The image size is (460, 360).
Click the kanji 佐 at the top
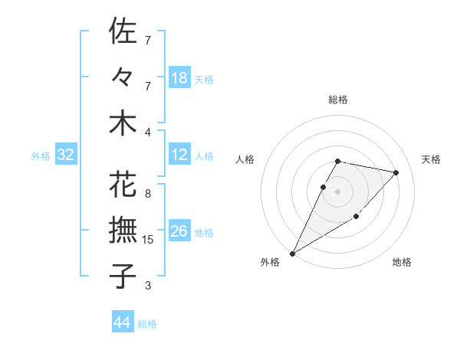click(x=123, y=32)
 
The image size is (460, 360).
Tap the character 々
click(x=123, y=77)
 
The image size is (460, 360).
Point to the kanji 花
click(x=123, y=186)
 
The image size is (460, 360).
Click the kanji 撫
click(x=123, y=231)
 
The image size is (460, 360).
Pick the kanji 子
click(x=123, y=276)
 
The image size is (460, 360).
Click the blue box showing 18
click(x=179, y=77)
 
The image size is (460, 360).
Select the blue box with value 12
click(x=179, y=155)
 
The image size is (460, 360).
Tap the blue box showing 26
click(x=179, y=231)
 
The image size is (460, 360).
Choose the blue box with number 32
click(x=66, y=155)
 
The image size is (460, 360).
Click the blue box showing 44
click(x=123, y=322)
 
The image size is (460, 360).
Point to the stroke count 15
click(x=149, y=240)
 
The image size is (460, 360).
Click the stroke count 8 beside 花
click(x=148, y=194)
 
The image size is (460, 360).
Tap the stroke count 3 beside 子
click(x=148, y=286)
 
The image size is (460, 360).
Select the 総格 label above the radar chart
click(x=338, y=100)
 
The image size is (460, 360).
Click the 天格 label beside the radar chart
click(x=432, y=159)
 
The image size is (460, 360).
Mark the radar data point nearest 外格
click(x=292, y=253)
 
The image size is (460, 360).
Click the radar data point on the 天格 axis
click(x=396, y=172)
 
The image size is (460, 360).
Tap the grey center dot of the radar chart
click(x=338, y=191)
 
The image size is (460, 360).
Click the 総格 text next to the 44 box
click(x=147, y=324)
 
